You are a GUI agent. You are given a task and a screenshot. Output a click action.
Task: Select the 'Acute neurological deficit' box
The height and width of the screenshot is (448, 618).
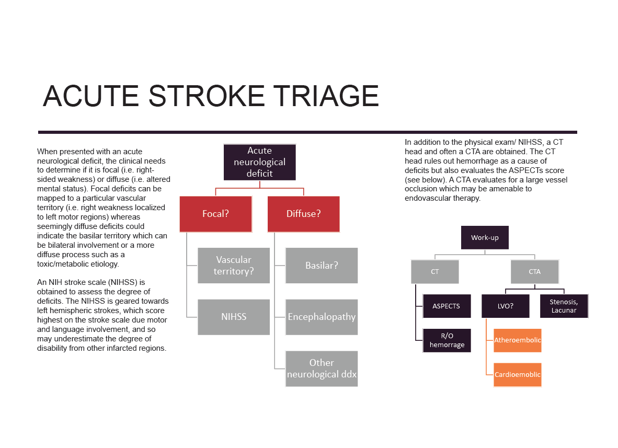pos(259,162)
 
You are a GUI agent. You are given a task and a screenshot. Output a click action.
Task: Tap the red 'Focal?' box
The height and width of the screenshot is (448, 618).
pos(215,214)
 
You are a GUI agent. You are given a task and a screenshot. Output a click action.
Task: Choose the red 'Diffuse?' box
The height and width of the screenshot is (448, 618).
pos(303,214)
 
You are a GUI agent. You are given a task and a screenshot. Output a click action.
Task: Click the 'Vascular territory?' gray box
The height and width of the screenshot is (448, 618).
pos(234,265)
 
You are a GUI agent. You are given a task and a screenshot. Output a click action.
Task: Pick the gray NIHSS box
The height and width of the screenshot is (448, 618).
pos(234,317)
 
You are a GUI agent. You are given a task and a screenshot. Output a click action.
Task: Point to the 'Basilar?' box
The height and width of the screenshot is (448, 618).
pos(322,265)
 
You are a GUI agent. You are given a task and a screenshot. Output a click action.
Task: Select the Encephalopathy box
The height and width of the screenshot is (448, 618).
pos(322,317)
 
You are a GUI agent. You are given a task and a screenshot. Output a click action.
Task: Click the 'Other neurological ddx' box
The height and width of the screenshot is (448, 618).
pos(322,369)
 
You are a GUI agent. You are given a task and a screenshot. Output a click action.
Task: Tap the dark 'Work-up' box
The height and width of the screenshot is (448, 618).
pos(485,237)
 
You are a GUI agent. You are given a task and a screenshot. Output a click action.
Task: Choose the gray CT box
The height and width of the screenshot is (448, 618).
pos(435,272)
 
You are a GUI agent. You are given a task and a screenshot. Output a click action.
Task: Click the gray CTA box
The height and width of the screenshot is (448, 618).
pos(534,272)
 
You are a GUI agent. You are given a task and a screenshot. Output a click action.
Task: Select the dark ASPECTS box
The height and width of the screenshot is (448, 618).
pos(447,306)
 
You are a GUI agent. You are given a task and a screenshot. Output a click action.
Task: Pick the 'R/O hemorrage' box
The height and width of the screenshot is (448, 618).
pos(447,340)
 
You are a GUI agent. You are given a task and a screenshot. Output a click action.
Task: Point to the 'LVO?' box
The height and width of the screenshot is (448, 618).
pos(505,306)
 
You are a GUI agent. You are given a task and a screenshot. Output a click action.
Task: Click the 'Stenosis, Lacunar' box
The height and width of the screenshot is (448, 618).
pos(564,306)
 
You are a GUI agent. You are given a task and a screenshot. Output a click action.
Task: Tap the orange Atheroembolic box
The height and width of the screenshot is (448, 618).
pos(518,340)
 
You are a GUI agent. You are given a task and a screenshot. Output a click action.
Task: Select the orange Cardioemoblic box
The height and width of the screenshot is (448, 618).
pos(518,374)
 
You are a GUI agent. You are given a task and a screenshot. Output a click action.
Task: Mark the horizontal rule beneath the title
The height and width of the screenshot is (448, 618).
pos(307,132)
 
